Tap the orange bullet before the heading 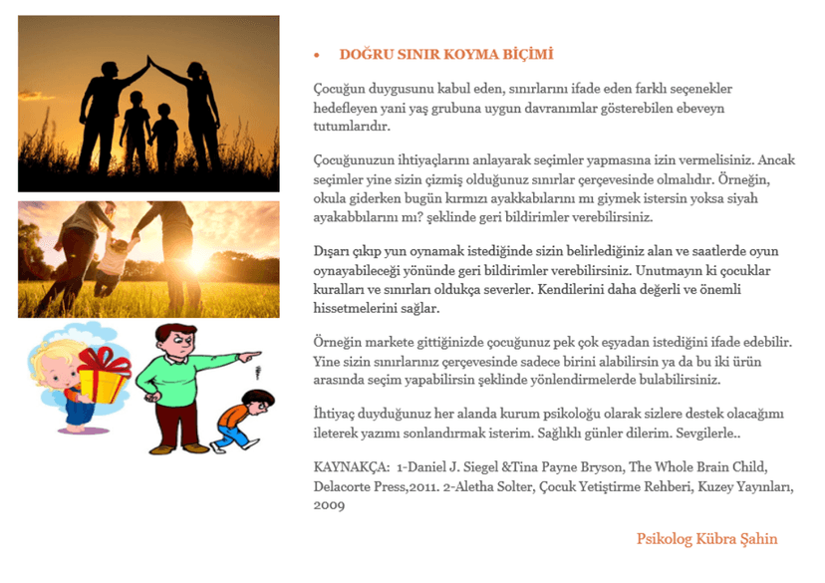point(316,56)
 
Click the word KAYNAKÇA point(350,466)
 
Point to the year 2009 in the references point(330,505)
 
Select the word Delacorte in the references point(346,486)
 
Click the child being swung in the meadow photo point(119,255)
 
